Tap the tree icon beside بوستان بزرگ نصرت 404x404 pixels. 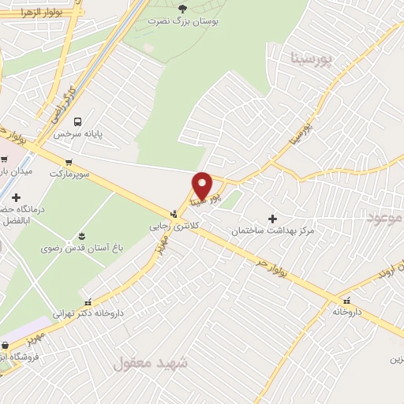(183, 8)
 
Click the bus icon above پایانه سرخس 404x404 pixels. (77, 122)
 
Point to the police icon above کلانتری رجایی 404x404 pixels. (173, 213)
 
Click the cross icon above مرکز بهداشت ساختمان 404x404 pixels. (273, 218)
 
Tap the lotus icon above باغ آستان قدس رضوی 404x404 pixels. (81, 236)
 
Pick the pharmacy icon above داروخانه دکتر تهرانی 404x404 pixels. (88, 301)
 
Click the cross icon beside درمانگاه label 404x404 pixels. (17, 197)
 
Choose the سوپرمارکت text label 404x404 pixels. (70, 172)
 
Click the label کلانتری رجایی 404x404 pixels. (171, 226)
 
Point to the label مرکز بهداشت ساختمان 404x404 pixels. (273, 231)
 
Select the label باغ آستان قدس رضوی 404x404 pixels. (82, 248)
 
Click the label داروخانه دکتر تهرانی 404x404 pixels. (88, 313)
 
